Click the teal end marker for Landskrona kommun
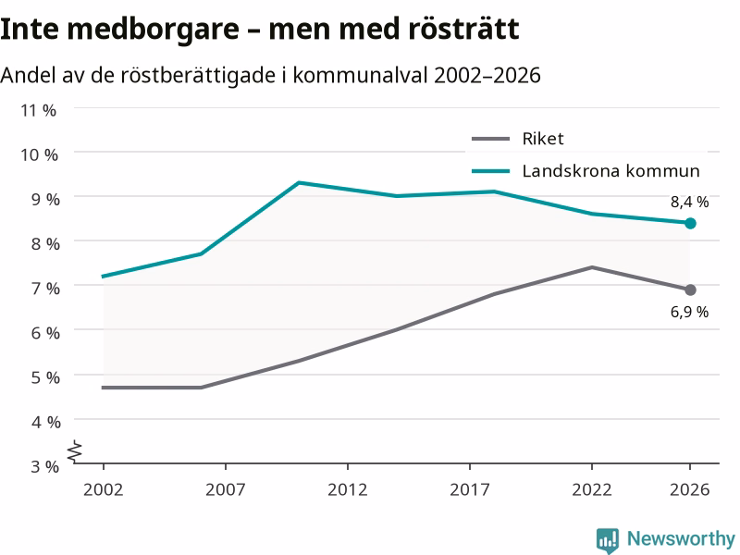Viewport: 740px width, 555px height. [x=690, y=223]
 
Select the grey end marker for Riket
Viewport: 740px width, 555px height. [x=690, y=290]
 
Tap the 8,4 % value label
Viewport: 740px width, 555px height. [x=689, y=202]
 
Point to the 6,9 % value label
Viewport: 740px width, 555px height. [x=689, y=312]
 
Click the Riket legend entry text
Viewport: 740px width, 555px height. [x=543, y=139]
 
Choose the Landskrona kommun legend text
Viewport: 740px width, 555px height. [x=610, y=171]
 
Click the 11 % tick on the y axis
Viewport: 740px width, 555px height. [x=38, y=110]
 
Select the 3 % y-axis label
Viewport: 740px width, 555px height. [x=44, y=466]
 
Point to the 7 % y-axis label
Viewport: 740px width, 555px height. [x=45, y=288]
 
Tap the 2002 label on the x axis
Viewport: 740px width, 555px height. [x=104, y=489]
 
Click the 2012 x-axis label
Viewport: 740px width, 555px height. [x=348, y=489]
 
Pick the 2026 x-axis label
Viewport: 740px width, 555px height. [x=689, y=489]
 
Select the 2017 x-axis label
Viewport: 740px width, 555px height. [x=470, y=489]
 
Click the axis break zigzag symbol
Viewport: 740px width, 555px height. [x=75, y=451]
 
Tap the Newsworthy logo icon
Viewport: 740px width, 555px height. [x=608, y=540]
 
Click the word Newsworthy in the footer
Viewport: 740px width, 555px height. [x=681, y=538]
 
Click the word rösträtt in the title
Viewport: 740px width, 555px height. [x=463, y=29]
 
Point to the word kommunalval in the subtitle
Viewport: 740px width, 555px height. [x=361, y=75]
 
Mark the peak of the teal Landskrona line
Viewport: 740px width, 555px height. [x=299, y=182]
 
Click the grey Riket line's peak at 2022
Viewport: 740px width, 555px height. [x=592, y=267]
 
